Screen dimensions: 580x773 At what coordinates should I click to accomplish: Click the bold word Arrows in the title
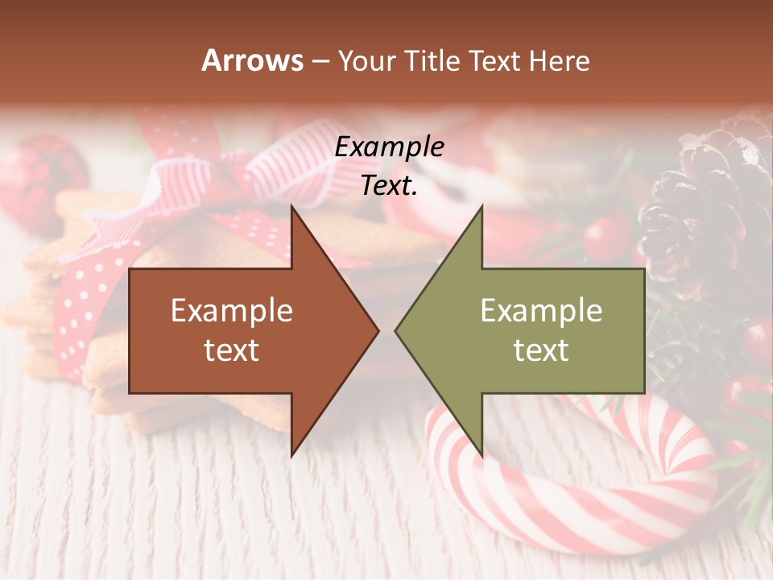click(x=253, y=61)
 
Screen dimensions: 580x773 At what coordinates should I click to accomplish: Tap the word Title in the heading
click(x=432, y=61)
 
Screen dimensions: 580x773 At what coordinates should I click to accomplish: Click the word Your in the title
click(x=367, y=61)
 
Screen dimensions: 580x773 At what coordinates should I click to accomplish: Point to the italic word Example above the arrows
click(x=389, y=147)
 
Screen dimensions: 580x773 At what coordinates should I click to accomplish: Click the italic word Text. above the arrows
click(x=389, y=186)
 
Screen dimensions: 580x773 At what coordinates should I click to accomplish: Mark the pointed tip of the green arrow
click(x=398, y=330)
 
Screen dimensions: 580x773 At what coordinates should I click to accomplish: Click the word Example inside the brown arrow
click(x=232, y=311)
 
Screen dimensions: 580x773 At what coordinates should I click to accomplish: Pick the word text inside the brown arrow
click(x=232, y=350)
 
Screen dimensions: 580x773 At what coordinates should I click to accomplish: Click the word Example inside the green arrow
click(x=541, y=311)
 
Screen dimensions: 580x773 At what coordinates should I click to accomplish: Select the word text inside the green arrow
click(x=541, y=350)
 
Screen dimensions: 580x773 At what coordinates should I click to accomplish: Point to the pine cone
click(x=705, y=209)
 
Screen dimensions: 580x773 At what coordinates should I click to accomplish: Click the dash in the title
click(x=320, y=61)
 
